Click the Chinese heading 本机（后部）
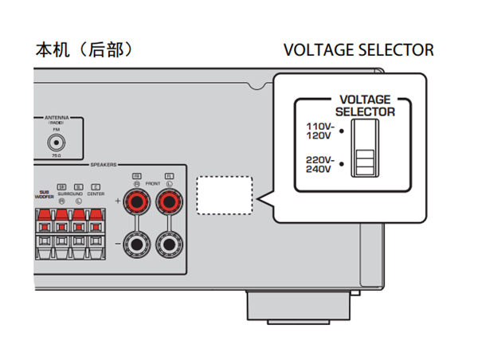83,49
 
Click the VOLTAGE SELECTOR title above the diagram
358,49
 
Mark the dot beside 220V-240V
340,163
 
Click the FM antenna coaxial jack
57,143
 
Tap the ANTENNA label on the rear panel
57,118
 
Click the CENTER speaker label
96,192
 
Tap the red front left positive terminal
168,202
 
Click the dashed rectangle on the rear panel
225,194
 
